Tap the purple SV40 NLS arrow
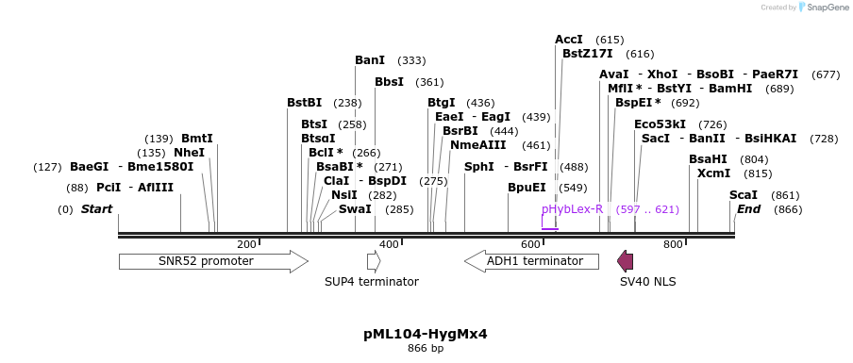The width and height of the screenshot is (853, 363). (x=625, y=261)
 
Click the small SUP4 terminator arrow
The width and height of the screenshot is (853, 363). (x=374, y=261)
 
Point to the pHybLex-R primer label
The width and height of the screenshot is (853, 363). (x=572, y=209)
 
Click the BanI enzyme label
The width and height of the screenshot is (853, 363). (x=370, y=60)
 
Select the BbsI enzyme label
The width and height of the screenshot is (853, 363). (x=389, y=82)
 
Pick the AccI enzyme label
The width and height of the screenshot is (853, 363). (x=569, y=40)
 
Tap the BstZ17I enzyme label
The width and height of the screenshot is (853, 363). (x=587, y=54)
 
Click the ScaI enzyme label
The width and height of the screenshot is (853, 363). (x=744, y=195)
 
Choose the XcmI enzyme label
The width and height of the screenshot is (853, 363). (x=713, y=173)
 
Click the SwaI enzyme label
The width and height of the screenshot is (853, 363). (x=355, y=209)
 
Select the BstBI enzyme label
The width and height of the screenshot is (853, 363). (x=304, y=103)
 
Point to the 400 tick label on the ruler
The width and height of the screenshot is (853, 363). (x=389, y=245)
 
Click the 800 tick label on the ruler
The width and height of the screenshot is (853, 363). (x=673, y=245)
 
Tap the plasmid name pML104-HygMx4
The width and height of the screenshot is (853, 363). (x=426, y=334)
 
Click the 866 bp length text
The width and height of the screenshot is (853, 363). (x=426, y=349)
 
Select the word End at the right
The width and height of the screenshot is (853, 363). (x=748, y=209)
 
